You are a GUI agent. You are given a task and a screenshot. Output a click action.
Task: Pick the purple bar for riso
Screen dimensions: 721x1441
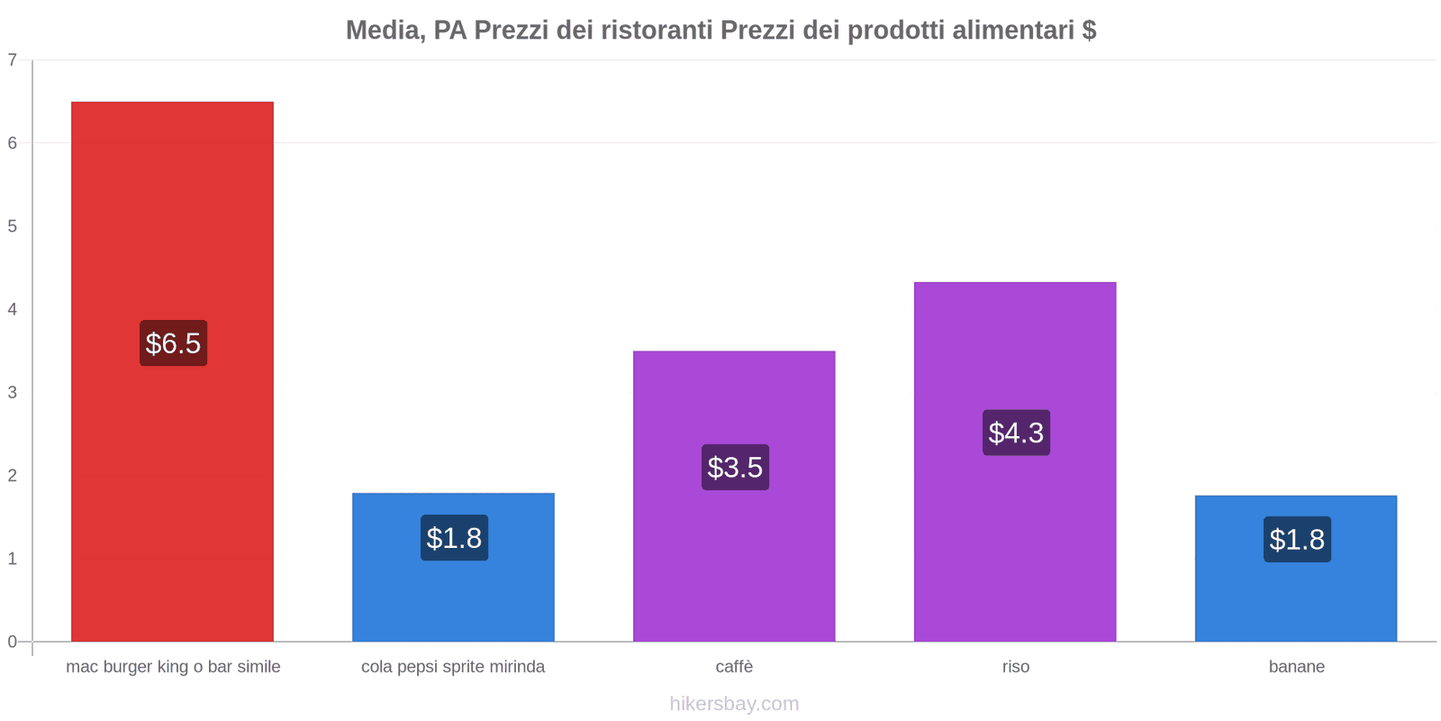click(1015, 541)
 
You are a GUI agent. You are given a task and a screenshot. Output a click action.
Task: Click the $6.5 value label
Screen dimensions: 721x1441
click(173, 343)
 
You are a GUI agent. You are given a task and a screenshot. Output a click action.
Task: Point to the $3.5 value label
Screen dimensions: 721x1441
click(735, 468)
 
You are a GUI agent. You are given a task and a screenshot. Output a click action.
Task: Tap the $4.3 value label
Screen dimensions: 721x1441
click(1016, 433)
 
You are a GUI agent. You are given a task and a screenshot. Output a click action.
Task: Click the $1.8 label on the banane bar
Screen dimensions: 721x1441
click(1297, 540)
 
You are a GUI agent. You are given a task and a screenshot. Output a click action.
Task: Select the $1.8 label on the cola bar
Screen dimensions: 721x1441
click(454, 538)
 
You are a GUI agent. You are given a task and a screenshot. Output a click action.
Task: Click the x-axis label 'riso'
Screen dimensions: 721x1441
click(1015, 667)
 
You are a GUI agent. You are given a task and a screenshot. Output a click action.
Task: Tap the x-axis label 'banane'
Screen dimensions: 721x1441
click(1296, 667)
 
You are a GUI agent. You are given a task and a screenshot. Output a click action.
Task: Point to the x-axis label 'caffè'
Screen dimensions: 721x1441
click(734, 667)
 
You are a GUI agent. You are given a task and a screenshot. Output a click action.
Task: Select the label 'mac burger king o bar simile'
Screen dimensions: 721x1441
click(173, 667)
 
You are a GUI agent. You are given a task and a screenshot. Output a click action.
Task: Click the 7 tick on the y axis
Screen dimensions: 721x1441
click(13, 60)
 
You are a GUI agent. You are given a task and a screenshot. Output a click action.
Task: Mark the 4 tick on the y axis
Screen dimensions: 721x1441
click(13, 309)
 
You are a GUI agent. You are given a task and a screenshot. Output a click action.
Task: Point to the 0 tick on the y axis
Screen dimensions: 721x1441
click(13, 642)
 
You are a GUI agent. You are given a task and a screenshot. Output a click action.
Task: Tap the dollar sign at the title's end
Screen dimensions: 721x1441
click(1089, 31)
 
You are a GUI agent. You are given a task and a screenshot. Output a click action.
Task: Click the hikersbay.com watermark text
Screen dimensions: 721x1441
click(734, 704)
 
